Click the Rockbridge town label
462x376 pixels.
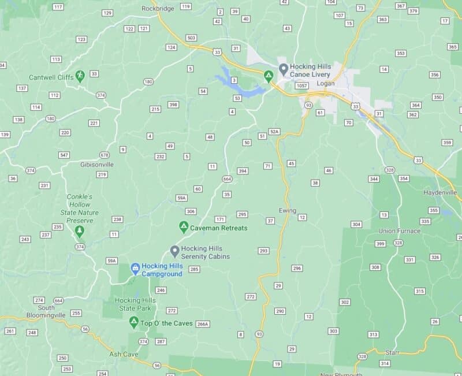[x=158, y=8]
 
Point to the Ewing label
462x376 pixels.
[x=287, y=210]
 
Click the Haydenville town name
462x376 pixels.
[x=439, y=192]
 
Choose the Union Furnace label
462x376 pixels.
[x=398, y=231]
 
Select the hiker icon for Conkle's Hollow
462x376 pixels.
[x=79, y=231]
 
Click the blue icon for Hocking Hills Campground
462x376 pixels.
[x=135, y=269]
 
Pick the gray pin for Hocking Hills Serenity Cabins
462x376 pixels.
[x=174, y=251]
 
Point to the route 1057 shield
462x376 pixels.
[x=301, y=85]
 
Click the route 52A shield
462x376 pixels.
[x=274, y=132]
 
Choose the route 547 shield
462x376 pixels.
[x=64, y=155]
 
